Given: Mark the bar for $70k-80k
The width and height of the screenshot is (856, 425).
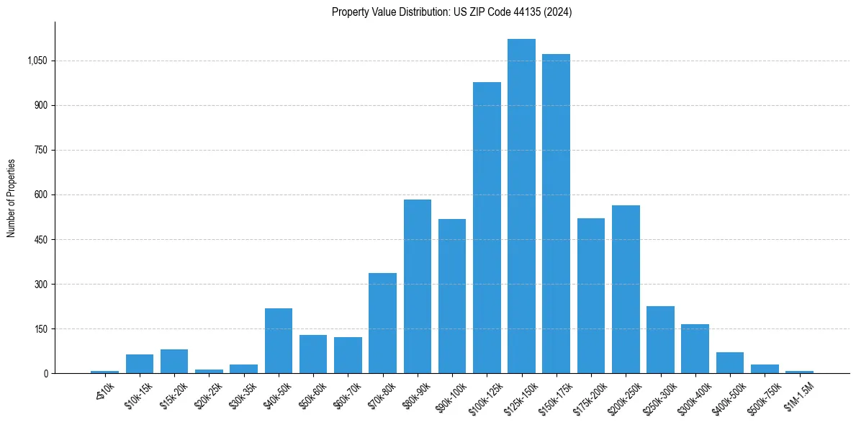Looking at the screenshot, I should (382, 323).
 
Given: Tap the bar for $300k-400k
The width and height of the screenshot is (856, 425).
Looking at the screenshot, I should (695, 349).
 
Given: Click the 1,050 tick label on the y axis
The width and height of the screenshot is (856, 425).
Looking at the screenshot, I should (37, 61).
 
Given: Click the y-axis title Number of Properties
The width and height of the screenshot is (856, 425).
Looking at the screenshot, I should (12, 198).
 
